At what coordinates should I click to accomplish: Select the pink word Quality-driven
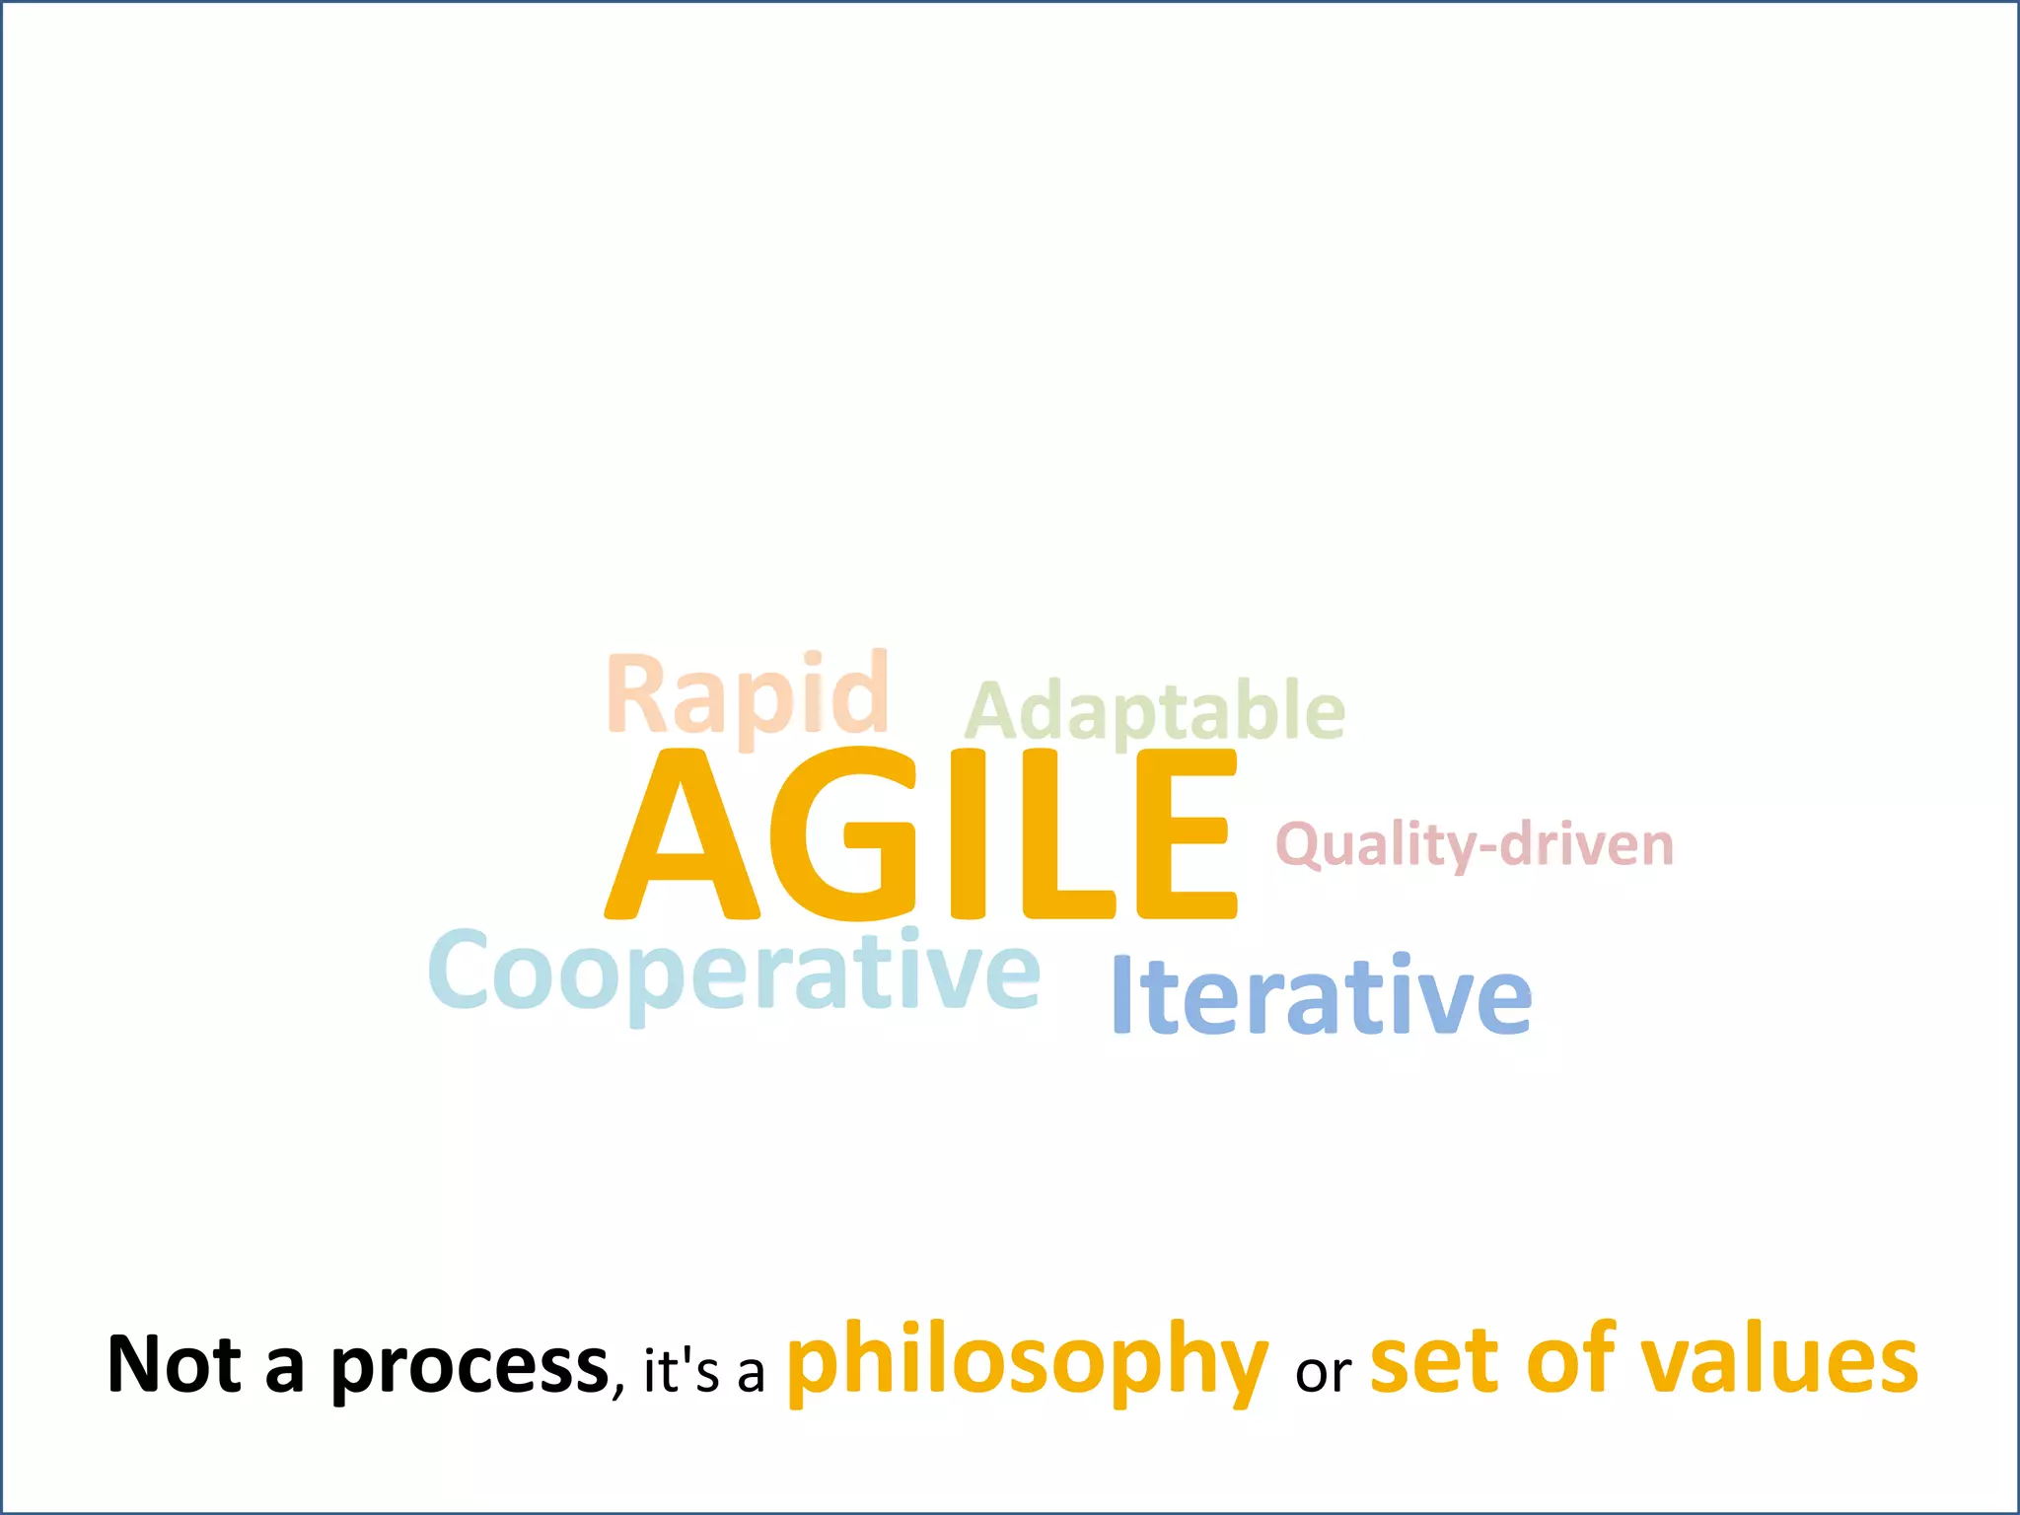coord(1475,845)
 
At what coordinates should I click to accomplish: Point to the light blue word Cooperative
coord(734,974)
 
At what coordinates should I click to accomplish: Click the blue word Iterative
coord(1322,994)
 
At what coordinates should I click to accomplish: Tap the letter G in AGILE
coord(844,834)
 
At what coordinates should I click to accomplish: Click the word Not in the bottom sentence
coord(175,1365)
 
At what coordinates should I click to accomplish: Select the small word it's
coord(681,1371)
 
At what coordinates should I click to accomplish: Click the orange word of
coord(1572,1361)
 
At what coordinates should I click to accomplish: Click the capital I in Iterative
coord(1120,994)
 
